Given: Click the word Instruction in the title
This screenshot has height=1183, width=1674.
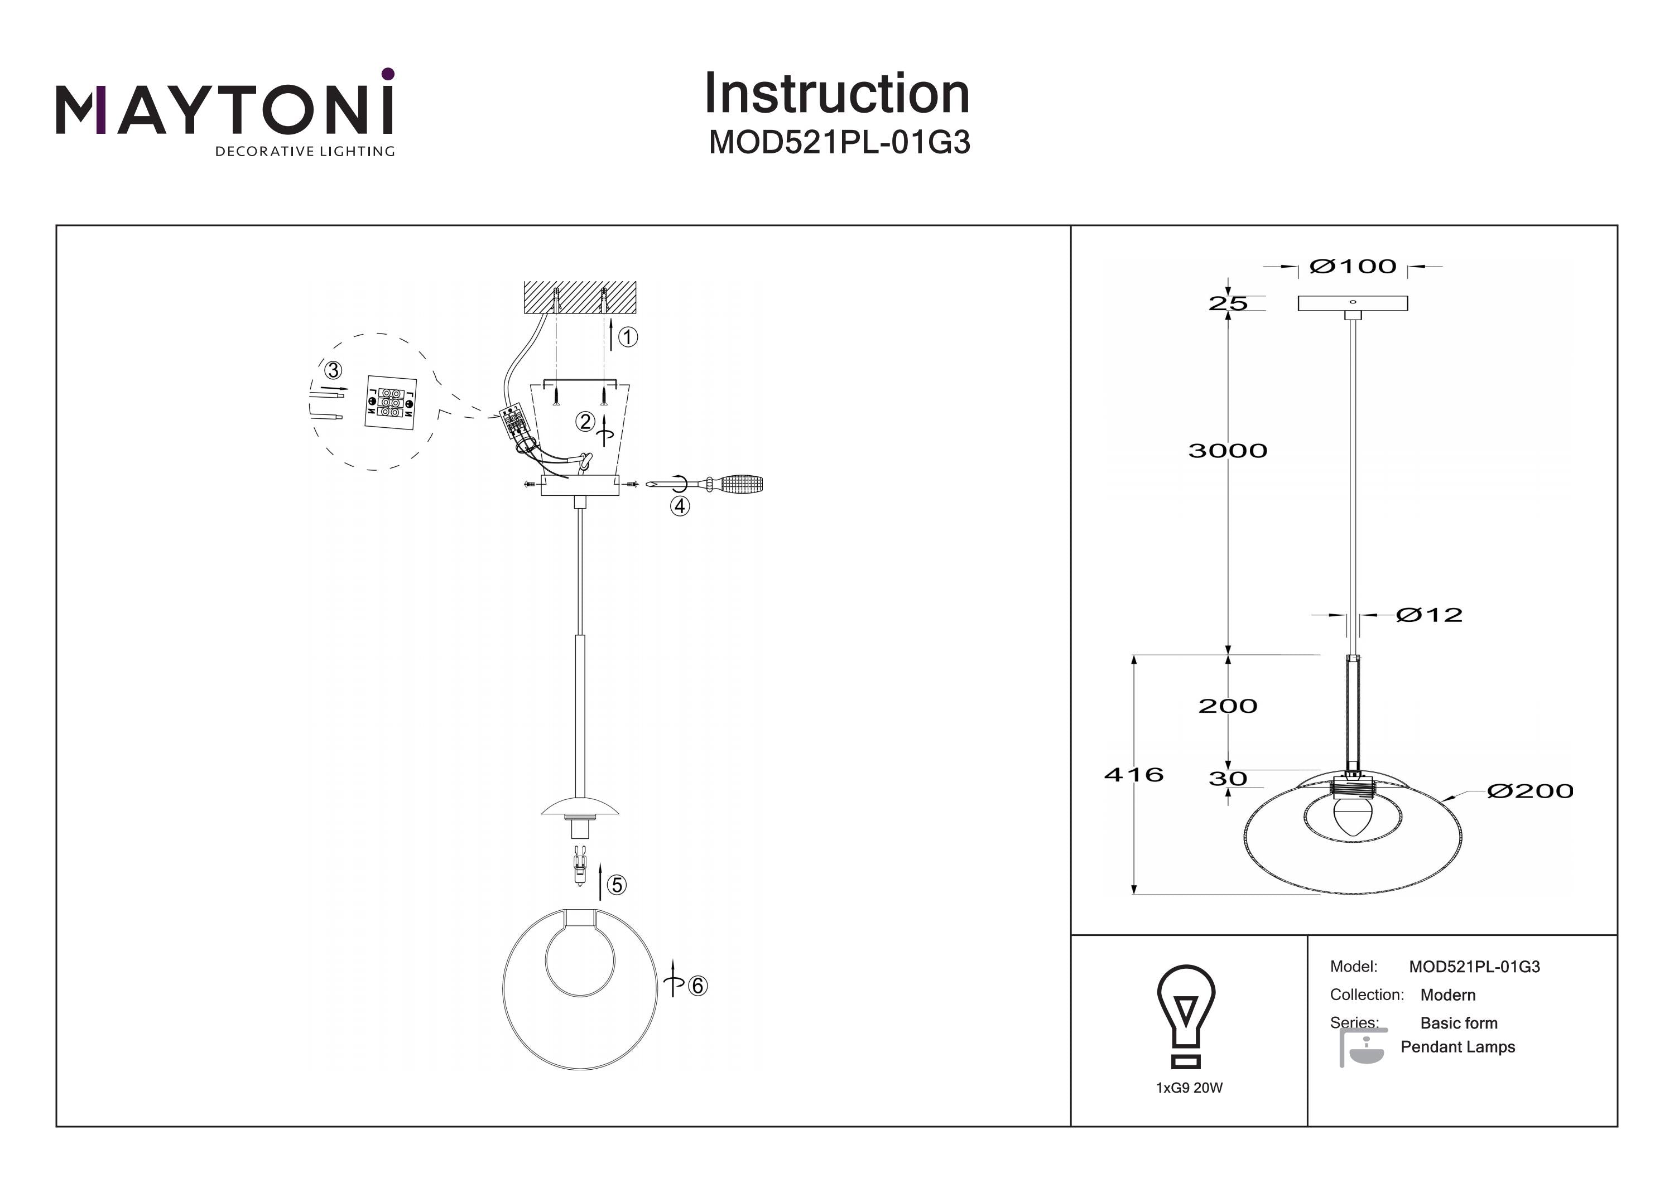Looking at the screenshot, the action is click(x=837, y=94).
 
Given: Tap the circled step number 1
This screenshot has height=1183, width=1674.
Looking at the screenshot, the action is click(x=628, y=337).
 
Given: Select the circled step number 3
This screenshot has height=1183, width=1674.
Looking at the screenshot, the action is click(x=333, y=370).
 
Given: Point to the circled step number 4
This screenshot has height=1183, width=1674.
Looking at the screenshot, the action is click(x=680, y=506).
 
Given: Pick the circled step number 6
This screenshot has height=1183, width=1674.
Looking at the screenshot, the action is click(x=698, y=986).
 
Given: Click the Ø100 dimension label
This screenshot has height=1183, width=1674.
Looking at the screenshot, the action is click(x=1353, y=267).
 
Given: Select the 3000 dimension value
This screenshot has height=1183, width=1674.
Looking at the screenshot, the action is click(x=1228, y=451).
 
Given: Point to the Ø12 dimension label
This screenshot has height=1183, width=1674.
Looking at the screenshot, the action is click(x=1429, y=615).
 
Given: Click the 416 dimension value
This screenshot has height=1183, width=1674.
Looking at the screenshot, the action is click(x=1134, y=774).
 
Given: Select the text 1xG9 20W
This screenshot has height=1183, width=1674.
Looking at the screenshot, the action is click(x=1189, y=1088).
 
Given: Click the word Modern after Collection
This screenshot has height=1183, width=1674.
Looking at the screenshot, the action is click(x=1448, y=995).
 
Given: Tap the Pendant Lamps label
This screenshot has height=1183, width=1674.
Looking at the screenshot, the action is click(x=1458, y=1047).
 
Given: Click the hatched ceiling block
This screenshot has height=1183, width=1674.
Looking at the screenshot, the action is click(x=580, y=297).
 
